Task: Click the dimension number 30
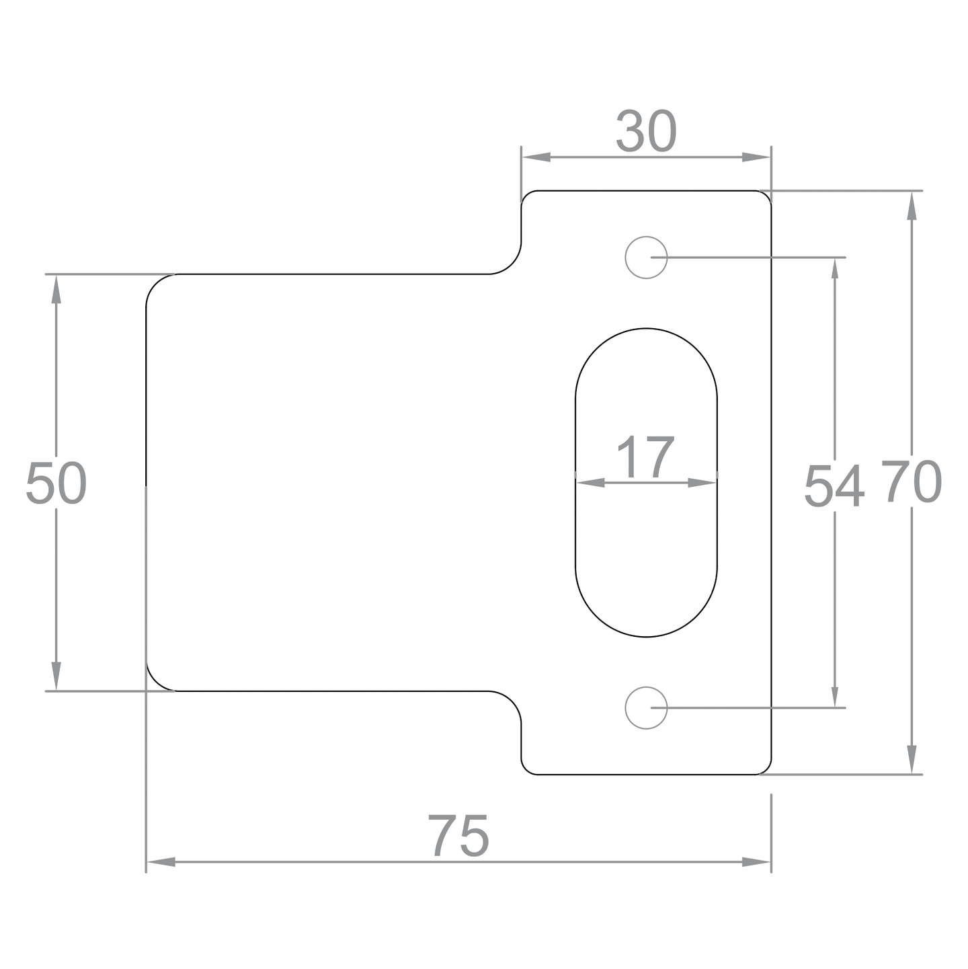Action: pyautogui.click(x=646, y=131)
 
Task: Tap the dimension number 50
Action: pyautogui.click(x=56, y=483)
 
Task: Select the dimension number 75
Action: pyautogui.click(x=458, y=836)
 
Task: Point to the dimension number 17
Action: pyautogui.click(x=645, y=457)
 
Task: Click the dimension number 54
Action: pyautogui.click(x=834, y=486)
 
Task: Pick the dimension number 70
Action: pyautogui.click(x=911, y=481)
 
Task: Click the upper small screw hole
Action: pyautogui.click(x=646, y=258)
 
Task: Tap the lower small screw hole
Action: pyautogui.click(x=646, y=707)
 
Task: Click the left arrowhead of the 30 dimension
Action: pyautogui.click(x=536, y=157)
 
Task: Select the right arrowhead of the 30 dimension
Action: pyautogui.click(x=756, y=157)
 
